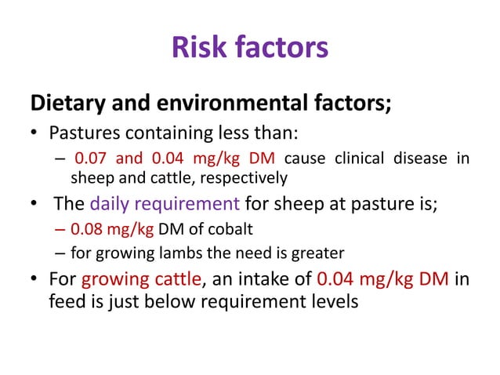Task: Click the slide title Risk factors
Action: click(x=249, y=48)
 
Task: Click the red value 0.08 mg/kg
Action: click(x=104, y=232)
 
